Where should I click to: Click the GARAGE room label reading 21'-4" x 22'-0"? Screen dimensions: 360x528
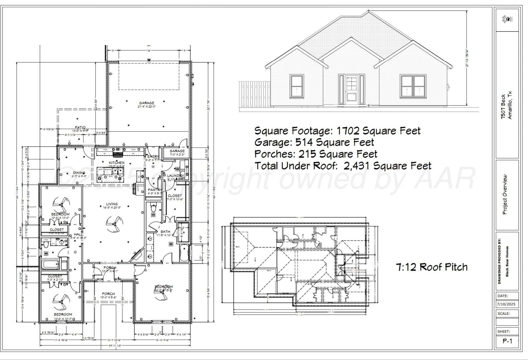146,103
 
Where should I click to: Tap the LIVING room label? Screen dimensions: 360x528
112,204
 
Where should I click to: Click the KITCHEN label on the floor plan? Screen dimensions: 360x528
117,163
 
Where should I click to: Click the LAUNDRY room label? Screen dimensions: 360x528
176,176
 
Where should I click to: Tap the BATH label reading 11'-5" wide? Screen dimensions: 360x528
165,232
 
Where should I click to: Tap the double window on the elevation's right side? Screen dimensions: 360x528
413,86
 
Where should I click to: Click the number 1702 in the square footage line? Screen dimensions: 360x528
348,130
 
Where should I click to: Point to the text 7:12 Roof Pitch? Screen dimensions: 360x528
432,267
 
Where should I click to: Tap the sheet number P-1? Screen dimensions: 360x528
507,341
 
